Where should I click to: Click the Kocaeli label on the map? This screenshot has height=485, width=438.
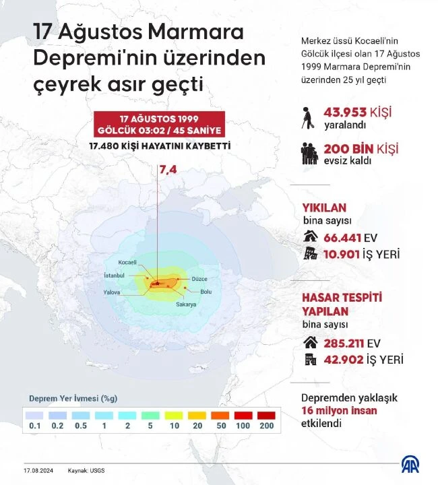pyautogui.click(x=127, y=262)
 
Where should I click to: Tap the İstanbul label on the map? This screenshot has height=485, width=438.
pyautogui.click(x=114, y=276)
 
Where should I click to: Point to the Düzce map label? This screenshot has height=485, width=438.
pyautogui.click(x=199, y=279)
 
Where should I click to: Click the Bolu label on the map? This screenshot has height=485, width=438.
pyautogui.click(x=206, y=292)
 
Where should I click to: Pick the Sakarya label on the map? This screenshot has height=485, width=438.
pyautogui.click(x=186, y=304)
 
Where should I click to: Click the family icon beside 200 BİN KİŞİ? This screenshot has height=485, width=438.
pyautogui.click(x=309, y=153)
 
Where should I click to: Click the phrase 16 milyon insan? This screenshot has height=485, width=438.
pyautogui.click(x=339, y=410)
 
